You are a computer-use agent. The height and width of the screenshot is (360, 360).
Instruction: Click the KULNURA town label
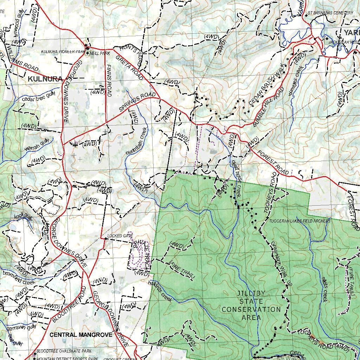(45, 79)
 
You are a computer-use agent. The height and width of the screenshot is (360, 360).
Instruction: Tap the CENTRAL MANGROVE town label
(81, 335)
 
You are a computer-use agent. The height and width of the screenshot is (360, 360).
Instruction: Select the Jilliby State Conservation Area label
(251, 305)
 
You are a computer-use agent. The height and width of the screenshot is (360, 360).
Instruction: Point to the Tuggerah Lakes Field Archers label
(300, 221)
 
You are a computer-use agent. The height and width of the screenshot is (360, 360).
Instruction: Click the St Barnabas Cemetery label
(330, 13)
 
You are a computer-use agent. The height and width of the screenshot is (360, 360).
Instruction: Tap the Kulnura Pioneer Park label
(63, 52)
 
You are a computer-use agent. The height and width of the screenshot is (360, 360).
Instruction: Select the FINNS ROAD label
(109, 81)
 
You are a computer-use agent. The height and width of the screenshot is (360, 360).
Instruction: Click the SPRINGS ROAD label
(137, 102)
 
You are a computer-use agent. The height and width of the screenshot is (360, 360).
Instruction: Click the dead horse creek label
(235, 178)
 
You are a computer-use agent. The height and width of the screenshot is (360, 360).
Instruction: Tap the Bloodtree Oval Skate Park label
(64, 351)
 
